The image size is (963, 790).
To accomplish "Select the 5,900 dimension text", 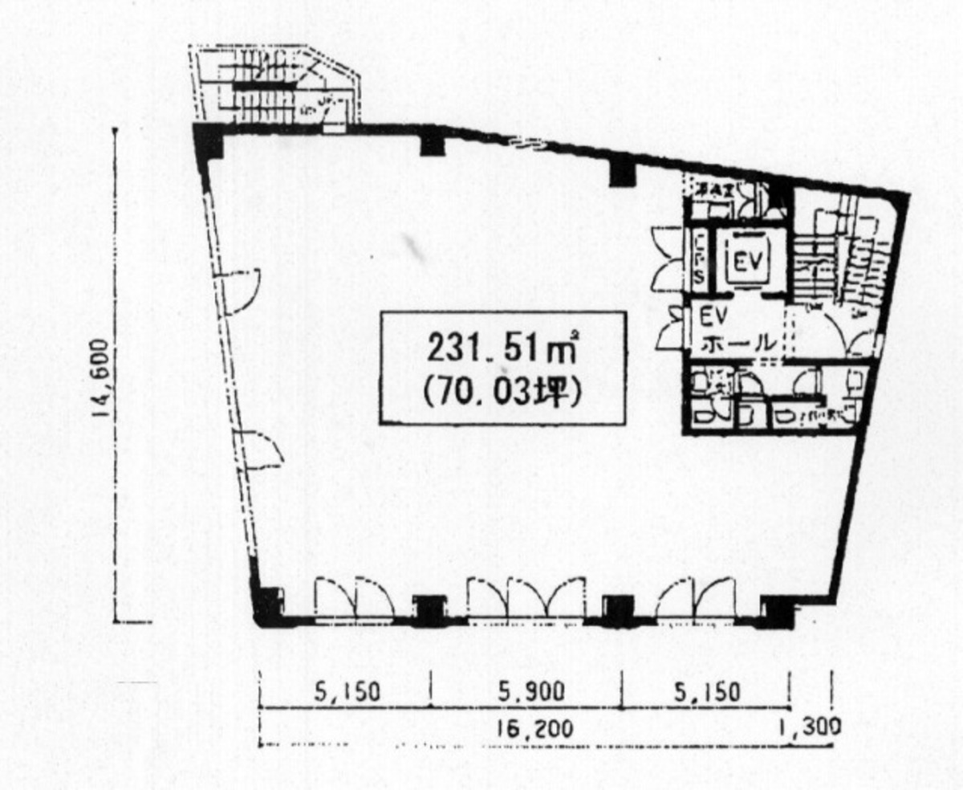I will [530, 691].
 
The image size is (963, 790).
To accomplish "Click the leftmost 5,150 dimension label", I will [347, 691].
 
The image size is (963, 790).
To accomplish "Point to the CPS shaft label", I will [700, 259].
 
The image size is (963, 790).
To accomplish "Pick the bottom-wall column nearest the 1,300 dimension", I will [777, 612].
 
